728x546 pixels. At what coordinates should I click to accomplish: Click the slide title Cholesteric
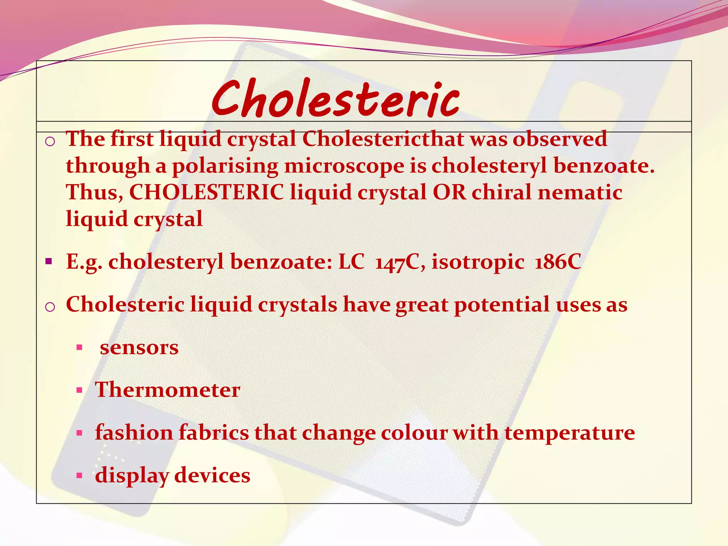(336, 99)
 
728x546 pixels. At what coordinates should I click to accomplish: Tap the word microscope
(344, 166)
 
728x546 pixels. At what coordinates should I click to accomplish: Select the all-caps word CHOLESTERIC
(206, 192)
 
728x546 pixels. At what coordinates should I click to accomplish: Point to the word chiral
(501, 192)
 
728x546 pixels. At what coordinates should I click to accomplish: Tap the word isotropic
(478, 263)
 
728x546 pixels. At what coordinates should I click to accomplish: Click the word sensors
(139, 348)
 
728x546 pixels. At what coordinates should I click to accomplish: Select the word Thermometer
(167, 390)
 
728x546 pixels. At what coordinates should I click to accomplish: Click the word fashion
(134, 433)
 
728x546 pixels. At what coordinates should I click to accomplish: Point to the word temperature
(569, 433)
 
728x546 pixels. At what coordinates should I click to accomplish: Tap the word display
(132, 476)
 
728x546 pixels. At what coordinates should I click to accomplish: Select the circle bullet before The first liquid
(50, 142)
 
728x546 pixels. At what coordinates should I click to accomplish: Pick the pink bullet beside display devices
(79, 476)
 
